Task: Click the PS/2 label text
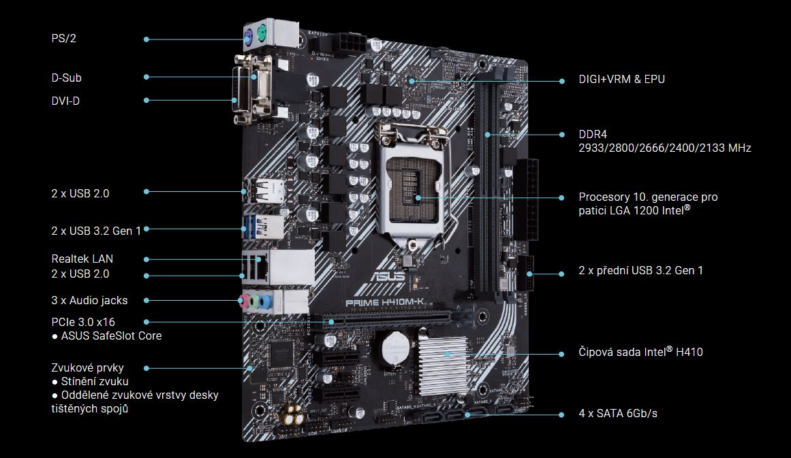63,38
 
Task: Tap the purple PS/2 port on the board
248,36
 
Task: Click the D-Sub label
66,78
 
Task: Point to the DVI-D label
65,101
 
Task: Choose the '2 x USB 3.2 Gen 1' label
96,231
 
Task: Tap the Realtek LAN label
82,259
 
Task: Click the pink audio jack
244,301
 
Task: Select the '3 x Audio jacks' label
89,300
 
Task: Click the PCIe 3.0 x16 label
83,322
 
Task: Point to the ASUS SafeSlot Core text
111,336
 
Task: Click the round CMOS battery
394,348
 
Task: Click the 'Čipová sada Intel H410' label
640,352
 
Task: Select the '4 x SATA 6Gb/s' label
618,414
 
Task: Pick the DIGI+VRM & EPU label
621,79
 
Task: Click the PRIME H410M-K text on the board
385,302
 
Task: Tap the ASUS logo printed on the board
388,276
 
